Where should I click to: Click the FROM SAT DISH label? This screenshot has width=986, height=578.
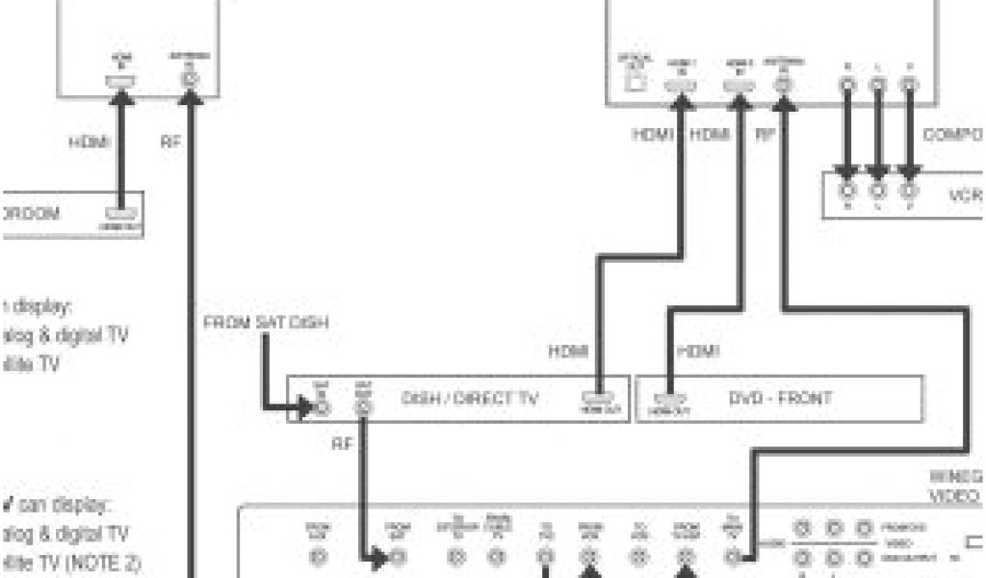(265, 323)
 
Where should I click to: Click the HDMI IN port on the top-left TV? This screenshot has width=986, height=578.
(123, 82)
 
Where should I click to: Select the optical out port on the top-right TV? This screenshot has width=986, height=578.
(632, 83)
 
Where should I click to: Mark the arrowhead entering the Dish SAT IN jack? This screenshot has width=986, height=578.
(306, 406)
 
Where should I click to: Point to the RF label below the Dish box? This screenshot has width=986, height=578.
(342, 444)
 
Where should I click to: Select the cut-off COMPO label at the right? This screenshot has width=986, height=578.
(952, 136)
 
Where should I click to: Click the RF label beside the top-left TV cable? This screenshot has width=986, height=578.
(170, 143)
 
